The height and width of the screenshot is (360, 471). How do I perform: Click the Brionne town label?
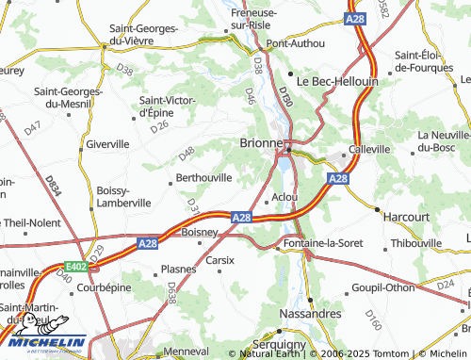tap(256, 141)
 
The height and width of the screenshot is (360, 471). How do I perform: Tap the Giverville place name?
tap(107, 144)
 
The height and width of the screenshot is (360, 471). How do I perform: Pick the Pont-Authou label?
tap(295, 43)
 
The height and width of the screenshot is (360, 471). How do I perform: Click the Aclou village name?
tap(284, 197)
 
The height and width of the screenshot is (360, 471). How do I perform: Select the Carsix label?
tap(219, 259)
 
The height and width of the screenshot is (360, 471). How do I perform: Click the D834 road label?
tap(54, 184)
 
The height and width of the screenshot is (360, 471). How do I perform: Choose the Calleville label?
tap(369, 149)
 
